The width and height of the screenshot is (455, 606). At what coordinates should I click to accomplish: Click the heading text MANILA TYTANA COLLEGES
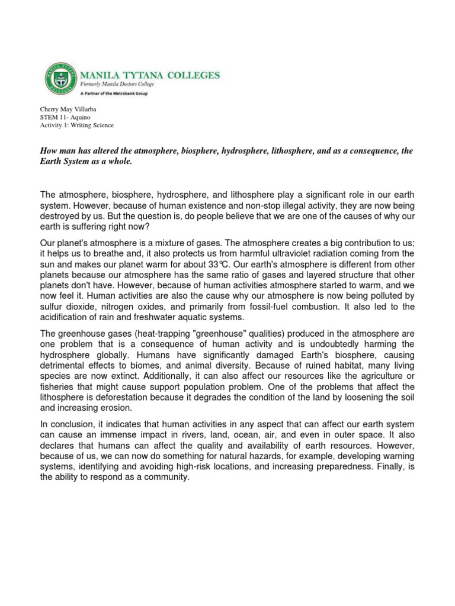click(149, 75)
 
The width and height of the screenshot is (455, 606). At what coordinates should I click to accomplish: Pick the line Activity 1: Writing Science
click(76, 125)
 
